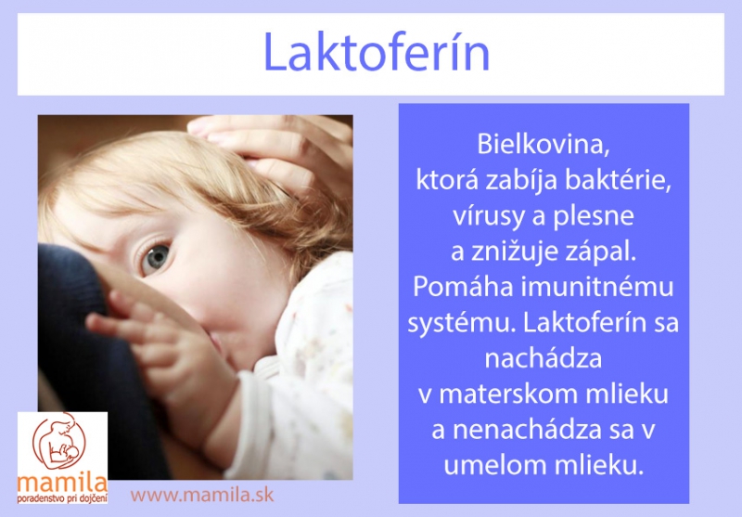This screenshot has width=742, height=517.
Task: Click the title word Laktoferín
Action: (x=377, y=52)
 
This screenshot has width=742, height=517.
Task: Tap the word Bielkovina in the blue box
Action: (x=544, y=144)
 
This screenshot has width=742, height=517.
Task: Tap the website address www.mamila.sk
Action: (x=202, y=496)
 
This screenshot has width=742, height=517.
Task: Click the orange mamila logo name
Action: (x=62, y=483)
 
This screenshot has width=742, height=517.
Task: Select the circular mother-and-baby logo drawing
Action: (x=59, y=441)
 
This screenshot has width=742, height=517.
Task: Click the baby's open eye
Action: (x=156, y=257)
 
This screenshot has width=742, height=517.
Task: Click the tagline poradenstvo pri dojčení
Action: (x=62, y=498)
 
